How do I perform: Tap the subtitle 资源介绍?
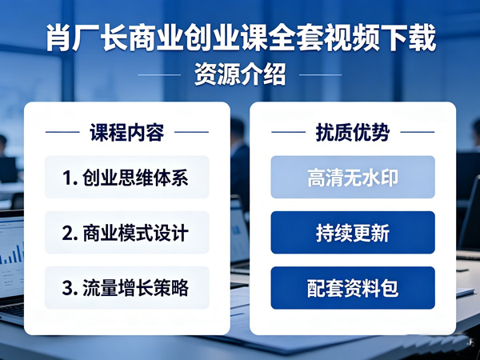coord(240,75)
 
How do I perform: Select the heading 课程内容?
coord(127,132)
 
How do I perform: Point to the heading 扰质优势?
coord(353,132)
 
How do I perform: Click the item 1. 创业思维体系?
coord(127,177)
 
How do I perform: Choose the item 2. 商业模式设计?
coord(127,233)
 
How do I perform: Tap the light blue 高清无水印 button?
coord(353,177)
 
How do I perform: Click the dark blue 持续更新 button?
coord(353,233)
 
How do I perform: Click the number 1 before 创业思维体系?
coord(69,178)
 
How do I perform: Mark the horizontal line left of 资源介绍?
coord(160,75)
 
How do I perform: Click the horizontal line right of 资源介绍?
coord(320,75)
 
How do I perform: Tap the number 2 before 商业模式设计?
coord(69,234)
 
